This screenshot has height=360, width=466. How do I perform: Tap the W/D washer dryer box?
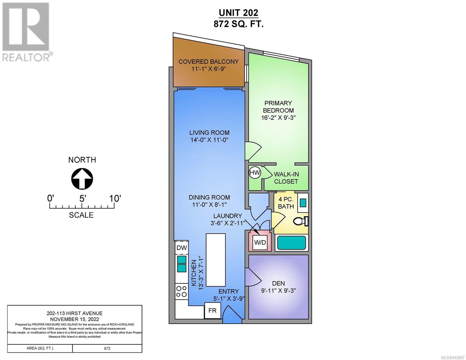[260, 242]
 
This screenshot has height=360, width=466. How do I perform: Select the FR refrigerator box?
[212, 310]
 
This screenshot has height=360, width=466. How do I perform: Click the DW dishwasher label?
[182, 248]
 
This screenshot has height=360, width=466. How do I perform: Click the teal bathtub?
[291, 242]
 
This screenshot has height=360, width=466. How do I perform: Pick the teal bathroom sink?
[303, 202]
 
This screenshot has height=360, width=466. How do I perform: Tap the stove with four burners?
[182, 292]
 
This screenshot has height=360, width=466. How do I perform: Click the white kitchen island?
[215, 260]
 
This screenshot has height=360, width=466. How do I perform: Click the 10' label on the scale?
[115, 199]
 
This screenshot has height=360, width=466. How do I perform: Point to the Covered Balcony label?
[209, 62]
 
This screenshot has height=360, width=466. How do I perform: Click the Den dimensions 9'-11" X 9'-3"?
[278, 290]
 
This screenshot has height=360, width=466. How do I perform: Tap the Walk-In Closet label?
[286, 178]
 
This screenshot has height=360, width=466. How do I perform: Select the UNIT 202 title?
[238, 13]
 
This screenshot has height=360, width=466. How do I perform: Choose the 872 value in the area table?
[107, 348]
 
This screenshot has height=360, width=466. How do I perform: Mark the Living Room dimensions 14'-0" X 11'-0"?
[209, 140]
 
